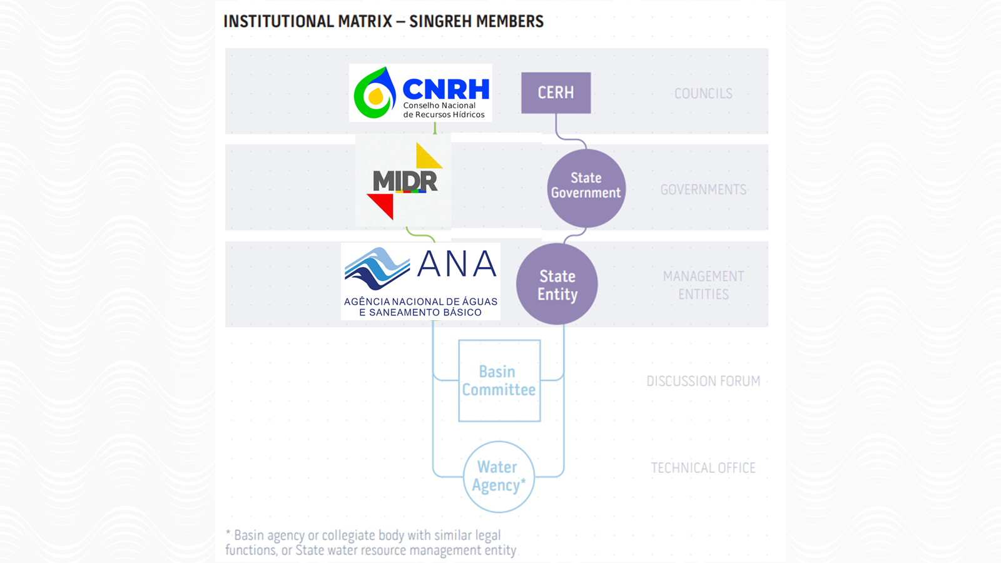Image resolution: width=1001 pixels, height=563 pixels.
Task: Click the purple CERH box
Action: (x=556, y=93)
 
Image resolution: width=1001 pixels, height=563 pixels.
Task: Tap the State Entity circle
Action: (x=557, y=284)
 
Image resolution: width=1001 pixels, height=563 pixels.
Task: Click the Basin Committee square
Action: (x=499, y=380)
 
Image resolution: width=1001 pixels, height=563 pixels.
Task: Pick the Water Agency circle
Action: (x=499, y=477)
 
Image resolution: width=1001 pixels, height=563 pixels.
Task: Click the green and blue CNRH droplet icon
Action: (x=375, y=94)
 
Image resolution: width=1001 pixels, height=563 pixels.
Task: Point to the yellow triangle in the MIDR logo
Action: (x=427, y=157)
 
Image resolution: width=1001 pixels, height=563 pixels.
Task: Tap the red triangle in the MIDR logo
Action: (x=382, y=205)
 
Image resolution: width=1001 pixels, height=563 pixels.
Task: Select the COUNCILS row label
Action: (x=703, y=94)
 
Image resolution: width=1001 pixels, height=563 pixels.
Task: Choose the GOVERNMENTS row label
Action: (x=703, y=190)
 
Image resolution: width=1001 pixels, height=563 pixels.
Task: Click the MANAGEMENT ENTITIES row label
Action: (x=703, y=285)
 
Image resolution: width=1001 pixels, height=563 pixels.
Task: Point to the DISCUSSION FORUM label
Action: (x=703, y=381)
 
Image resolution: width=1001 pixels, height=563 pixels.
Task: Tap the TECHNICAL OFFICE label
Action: (x=703, y=468)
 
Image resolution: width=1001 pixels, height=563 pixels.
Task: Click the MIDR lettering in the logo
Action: (x=405, y=181)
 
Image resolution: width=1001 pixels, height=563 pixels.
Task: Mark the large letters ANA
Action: (x=457, y=265)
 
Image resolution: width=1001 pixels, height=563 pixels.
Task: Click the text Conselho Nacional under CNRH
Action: (x=439, y=106)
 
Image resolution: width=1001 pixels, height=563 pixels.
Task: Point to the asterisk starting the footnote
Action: (x=228, y=534)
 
